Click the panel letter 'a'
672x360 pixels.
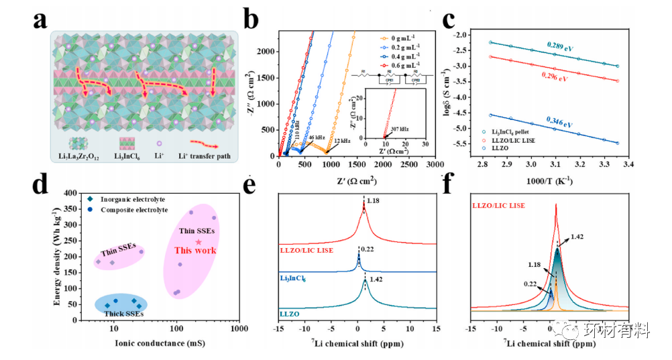(x=40, y=21)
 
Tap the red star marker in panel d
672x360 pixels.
(x=199, y=242)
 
